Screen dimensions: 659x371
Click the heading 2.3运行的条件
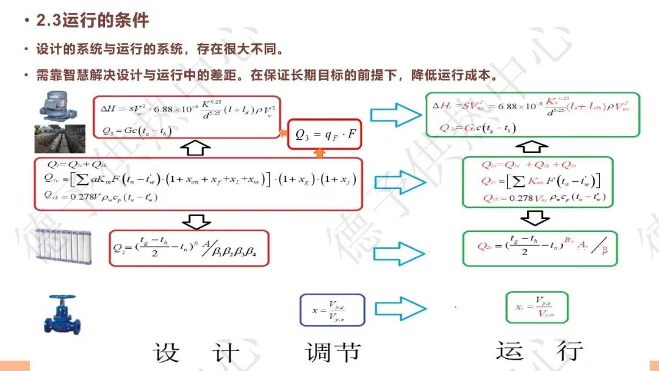92,21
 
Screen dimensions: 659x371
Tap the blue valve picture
63,313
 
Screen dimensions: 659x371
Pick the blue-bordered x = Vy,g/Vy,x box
332,309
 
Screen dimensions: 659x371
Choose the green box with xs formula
537,308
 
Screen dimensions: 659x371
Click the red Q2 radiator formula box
189,248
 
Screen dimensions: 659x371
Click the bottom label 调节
333,352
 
